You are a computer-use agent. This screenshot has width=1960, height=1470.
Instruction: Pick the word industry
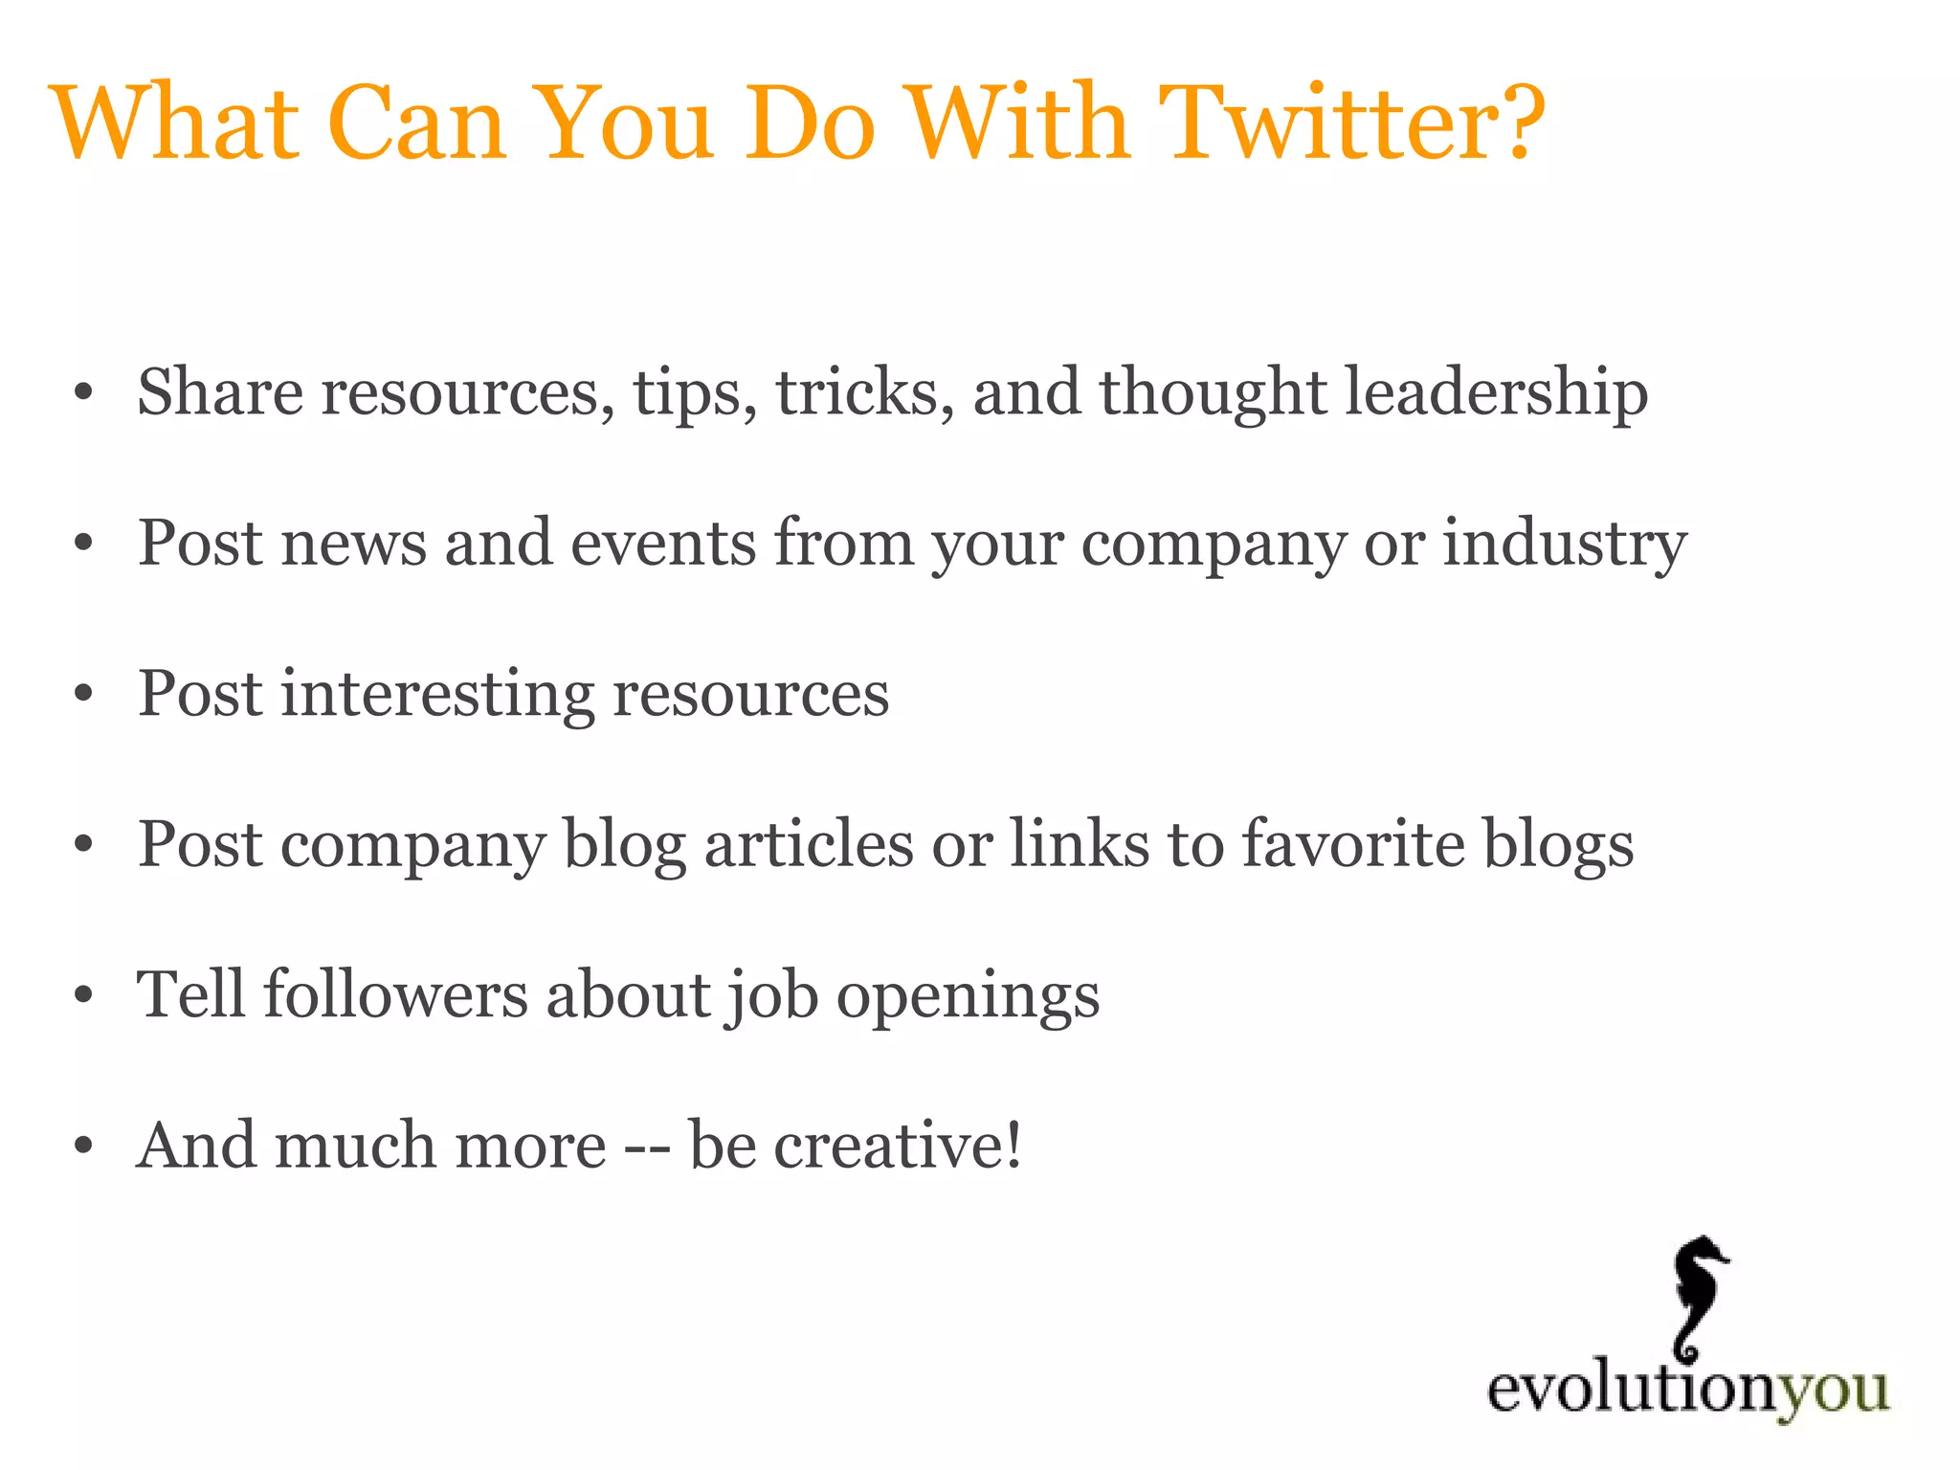point(1564,544)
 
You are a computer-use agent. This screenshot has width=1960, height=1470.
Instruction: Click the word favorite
point(1353,844)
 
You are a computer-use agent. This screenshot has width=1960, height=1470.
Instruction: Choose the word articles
point(809,844)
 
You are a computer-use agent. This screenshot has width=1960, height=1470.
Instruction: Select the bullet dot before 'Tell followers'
point(84,996)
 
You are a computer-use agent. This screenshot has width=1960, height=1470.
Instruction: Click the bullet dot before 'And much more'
point(84,1147)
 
